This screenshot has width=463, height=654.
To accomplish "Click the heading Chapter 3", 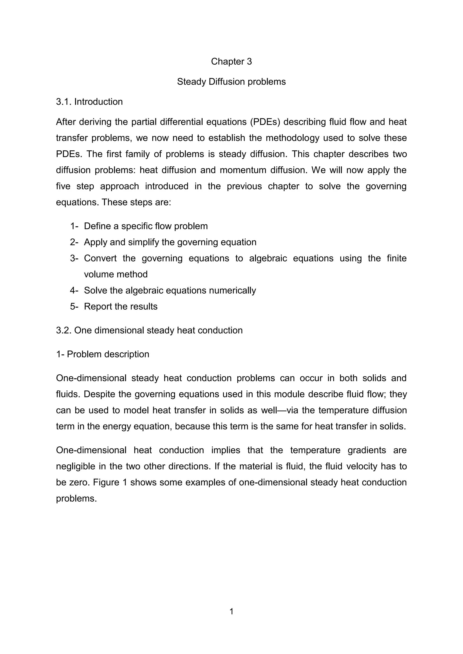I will (x=231, y=61).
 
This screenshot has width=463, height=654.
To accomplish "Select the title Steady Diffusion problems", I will (x=231, y=82).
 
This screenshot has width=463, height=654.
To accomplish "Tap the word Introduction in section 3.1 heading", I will (x=98, y=102).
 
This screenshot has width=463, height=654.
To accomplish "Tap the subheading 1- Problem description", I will (x=103, y=354).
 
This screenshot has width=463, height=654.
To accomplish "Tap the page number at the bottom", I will (x=231, y=612).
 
